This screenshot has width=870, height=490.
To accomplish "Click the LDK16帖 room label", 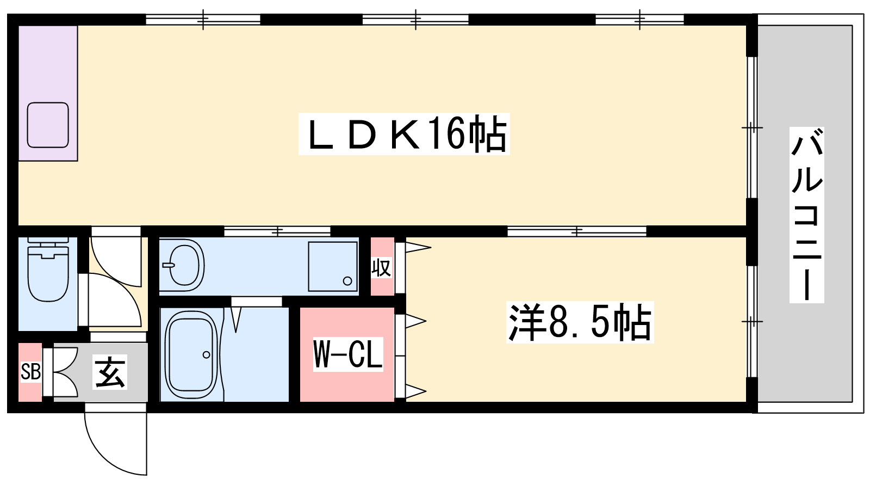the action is pyautogui.click(x=404, y=134).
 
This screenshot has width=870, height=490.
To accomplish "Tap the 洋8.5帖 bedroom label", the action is pyautogui.click(x=580, y=322).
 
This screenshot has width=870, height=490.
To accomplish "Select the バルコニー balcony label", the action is pyautogui.click(x=807, y=215).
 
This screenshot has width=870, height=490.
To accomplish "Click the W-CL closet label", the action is pyautogui.click(x=348, y=354).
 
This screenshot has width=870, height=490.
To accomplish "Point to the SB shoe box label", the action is pyautogui.click(x=30, y=372).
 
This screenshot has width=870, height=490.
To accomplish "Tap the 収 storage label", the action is pyautogui.click(x=381, y=267).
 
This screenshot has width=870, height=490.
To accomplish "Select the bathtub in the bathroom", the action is pyautogui.click(x=191, y=354).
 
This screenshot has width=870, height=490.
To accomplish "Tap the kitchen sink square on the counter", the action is pyautogui.click(x=48, y=125).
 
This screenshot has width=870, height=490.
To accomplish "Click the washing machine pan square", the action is pyautogui.click(x=332, y=266).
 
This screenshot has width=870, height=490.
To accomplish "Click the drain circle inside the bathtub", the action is pyautogui.click(x=206, y=354).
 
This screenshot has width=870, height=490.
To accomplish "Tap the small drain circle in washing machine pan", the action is pyautogui.click(x=347, y=281).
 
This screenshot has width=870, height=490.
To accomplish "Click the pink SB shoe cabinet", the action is pyautogui.click(x=30, y=372).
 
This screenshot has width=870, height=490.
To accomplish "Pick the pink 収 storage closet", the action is pyautogui.click(x=382, y=266).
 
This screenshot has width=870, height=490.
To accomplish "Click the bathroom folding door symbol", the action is pyautogui.click(x=236, y=320).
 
